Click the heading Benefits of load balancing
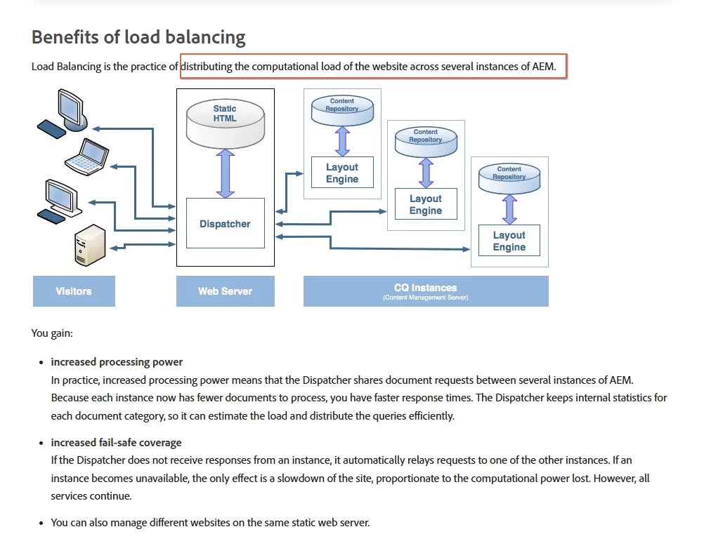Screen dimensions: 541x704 pos(138,37)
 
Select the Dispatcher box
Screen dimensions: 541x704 pos(225,224)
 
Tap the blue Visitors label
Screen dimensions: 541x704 pos(74,291)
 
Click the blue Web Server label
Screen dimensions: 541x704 pos(225,291)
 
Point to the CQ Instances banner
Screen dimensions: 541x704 pos(425,291)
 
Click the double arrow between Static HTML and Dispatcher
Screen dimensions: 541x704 pos(225,173)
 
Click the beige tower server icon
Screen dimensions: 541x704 pos(90,244)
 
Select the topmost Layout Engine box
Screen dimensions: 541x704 pos(342,173)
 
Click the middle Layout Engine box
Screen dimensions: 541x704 pos(426,205)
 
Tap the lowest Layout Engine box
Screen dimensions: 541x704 pos(509,241)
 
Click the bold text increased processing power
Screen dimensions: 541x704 pos(117,362)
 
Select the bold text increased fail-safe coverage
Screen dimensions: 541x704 pos(116,443)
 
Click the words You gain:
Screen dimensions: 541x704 pos(52,333)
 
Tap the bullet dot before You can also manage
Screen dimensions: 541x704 pos(40,523)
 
